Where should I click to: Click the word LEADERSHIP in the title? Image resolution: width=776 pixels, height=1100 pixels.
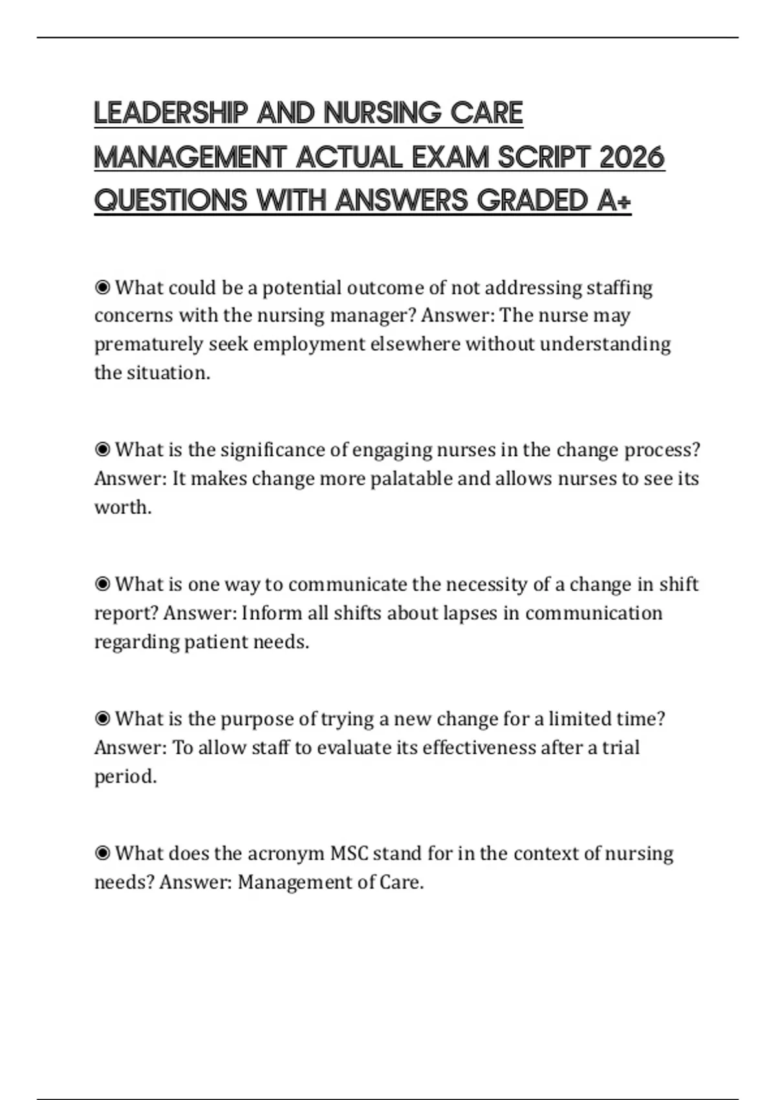pos(171,113)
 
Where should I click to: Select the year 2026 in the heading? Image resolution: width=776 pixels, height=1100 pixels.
pos(632,157)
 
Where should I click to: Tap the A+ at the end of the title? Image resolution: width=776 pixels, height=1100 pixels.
pos(614,201)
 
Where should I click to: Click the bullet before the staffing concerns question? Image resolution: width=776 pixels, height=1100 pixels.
pos(102,287)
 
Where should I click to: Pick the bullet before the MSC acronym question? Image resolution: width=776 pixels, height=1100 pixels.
pos(102,853)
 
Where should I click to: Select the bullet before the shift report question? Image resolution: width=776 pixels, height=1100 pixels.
pos(102,584)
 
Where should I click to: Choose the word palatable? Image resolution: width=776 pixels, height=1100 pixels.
pos(411,479)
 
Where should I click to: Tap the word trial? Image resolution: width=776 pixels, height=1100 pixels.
pos(620,748)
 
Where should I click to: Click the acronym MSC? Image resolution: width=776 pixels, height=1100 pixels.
pos(349,853)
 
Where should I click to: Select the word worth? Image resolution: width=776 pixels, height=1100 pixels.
pos(122,507)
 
